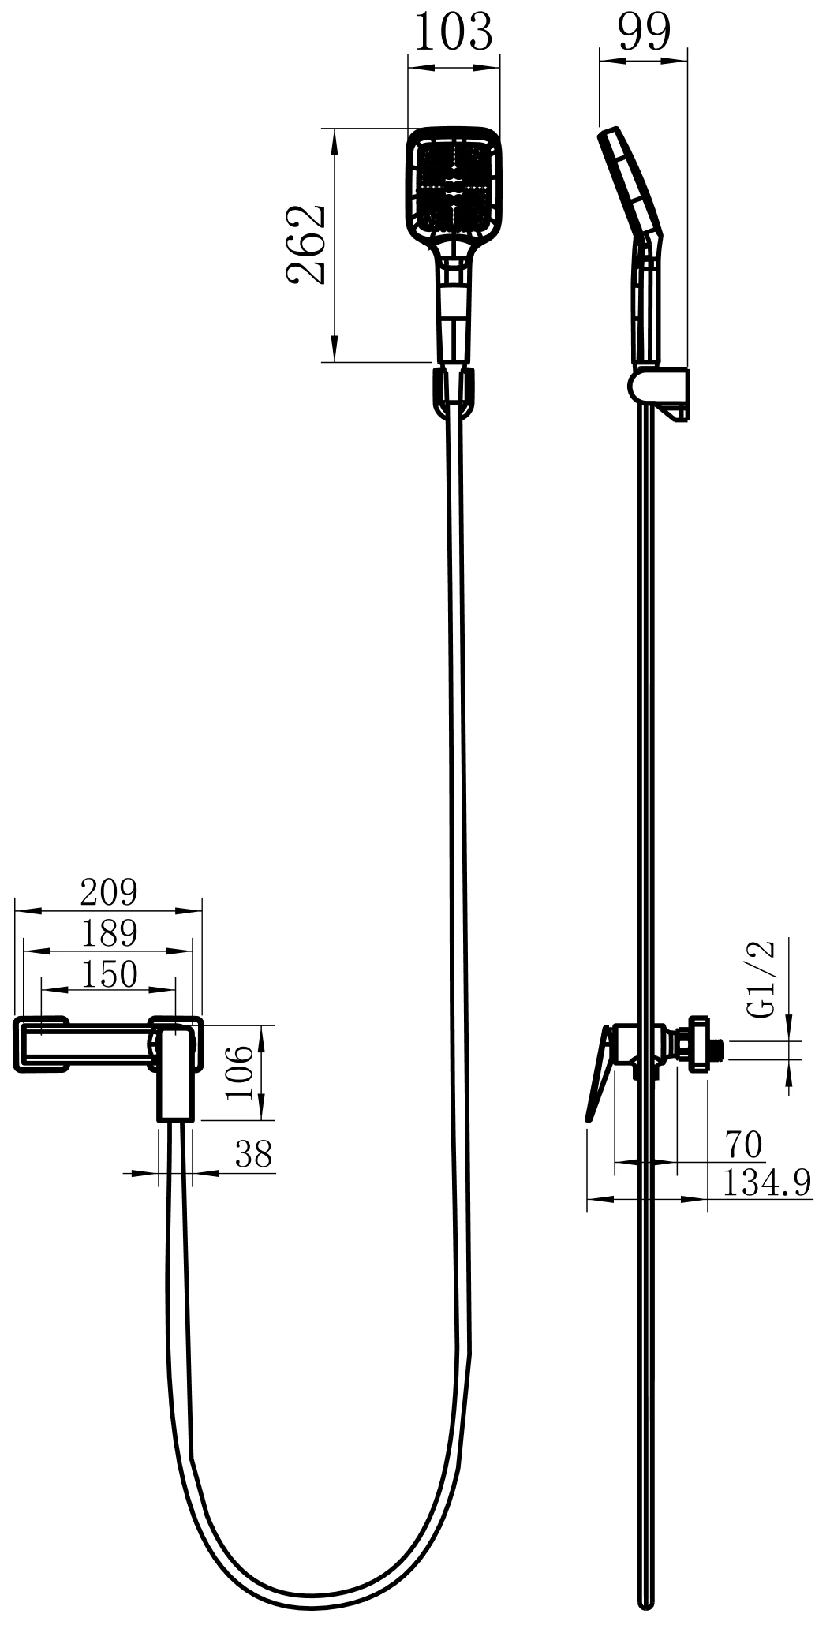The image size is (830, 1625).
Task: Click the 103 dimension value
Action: coord(453,32)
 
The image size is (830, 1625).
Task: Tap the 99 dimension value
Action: coord(644,32)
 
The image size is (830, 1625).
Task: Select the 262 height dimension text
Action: coord(306,245)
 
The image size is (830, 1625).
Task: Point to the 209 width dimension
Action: coord(109,892)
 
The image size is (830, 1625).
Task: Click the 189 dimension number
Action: coord(109,933)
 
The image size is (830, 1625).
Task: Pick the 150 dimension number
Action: coord(109,974)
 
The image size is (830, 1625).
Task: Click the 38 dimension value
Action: coord(252,1154)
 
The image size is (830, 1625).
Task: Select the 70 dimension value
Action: coord(742,1145)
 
